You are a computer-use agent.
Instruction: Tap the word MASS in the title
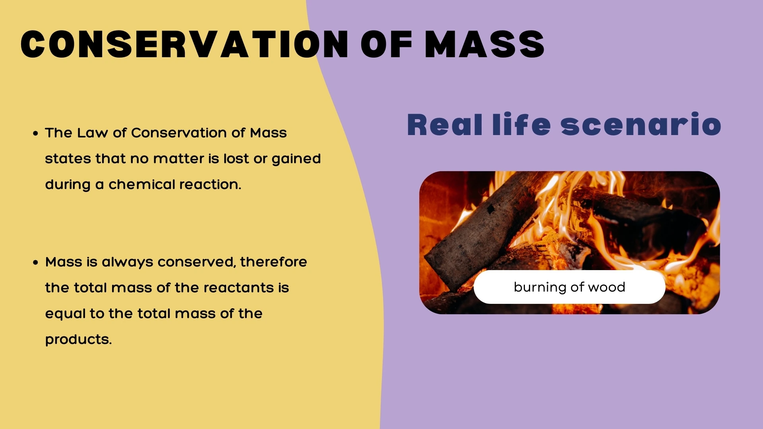(484, 44)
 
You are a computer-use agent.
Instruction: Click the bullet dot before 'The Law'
(36, 133)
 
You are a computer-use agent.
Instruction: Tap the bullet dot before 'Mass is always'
(36, 263)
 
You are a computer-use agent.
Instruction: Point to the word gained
(296, 159)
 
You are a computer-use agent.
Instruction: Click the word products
(78, 340)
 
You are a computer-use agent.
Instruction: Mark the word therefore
(273, 262)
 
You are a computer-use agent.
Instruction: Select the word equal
(65, 314)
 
